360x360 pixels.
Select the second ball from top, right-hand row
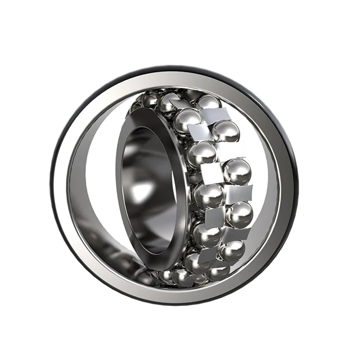(x=226, y=132)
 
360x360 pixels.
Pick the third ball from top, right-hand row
(x=237, y=171)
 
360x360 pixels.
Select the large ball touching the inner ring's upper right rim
(x=187, y=120)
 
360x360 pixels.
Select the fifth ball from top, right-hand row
(x=232, y=250)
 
